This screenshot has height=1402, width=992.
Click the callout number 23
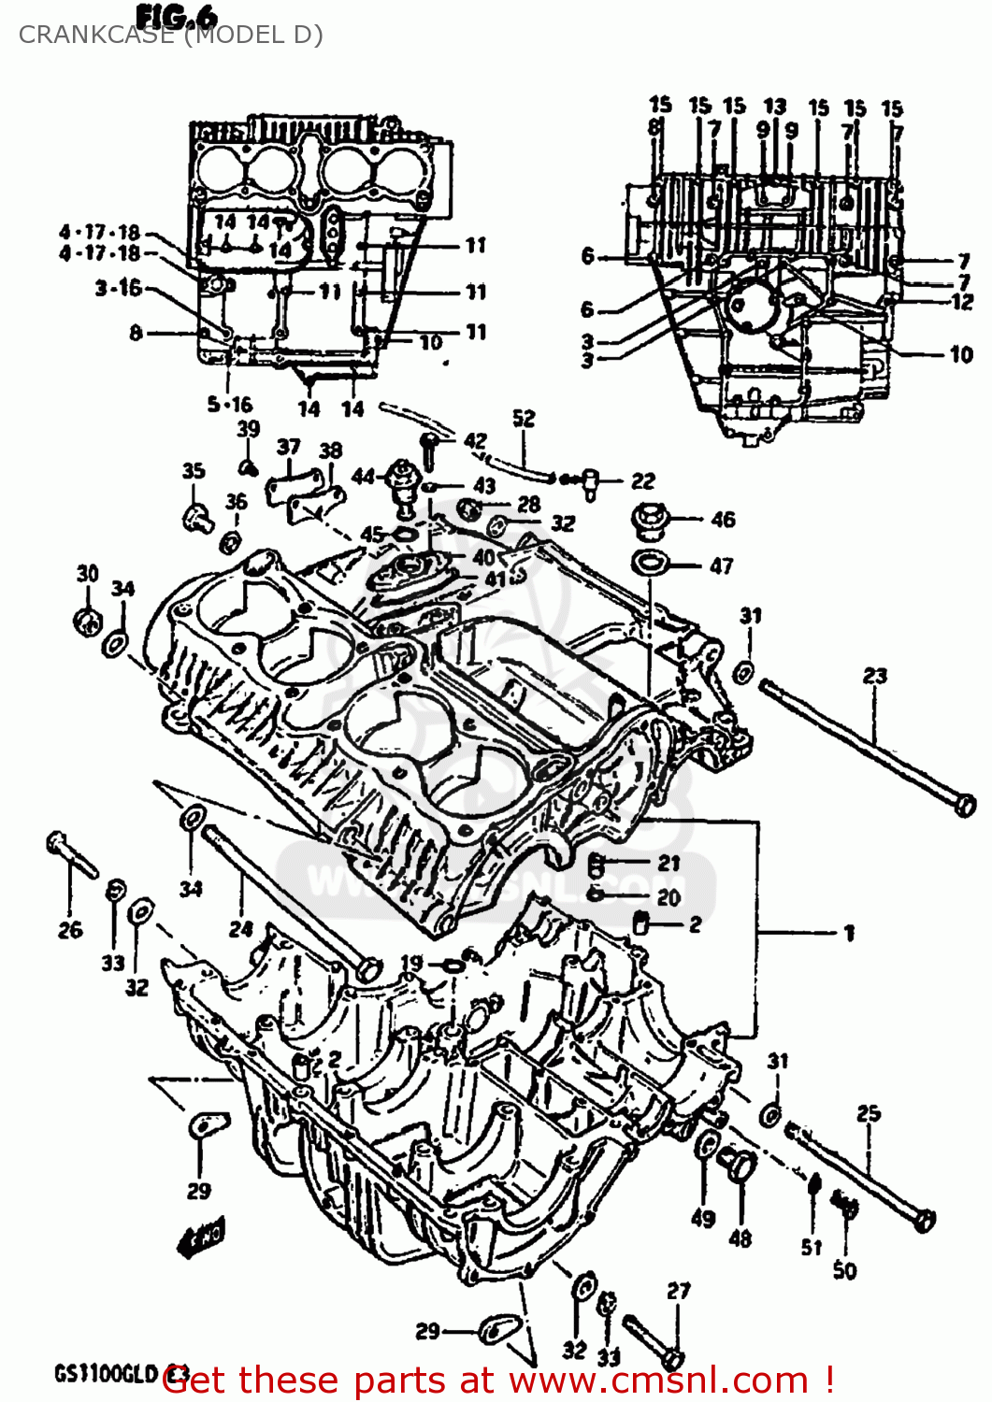874,675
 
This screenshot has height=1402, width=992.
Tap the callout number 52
524,418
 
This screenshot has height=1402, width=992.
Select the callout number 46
723,519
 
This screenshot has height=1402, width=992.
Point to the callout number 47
721,565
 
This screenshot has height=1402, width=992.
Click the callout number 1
849,932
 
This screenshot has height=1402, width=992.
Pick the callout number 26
70,929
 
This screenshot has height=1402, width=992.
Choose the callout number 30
87,573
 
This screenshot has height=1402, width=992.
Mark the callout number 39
248,429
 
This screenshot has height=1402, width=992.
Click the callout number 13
774,107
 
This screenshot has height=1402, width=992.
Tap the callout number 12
962,302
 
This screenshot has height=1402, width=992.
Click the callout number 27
679,1291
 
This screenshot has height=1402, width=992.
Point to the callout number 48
740,1238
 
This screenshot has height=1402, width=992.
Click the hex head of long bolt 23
964,804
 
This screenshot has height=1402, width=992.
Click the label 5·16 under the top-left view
230,404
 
